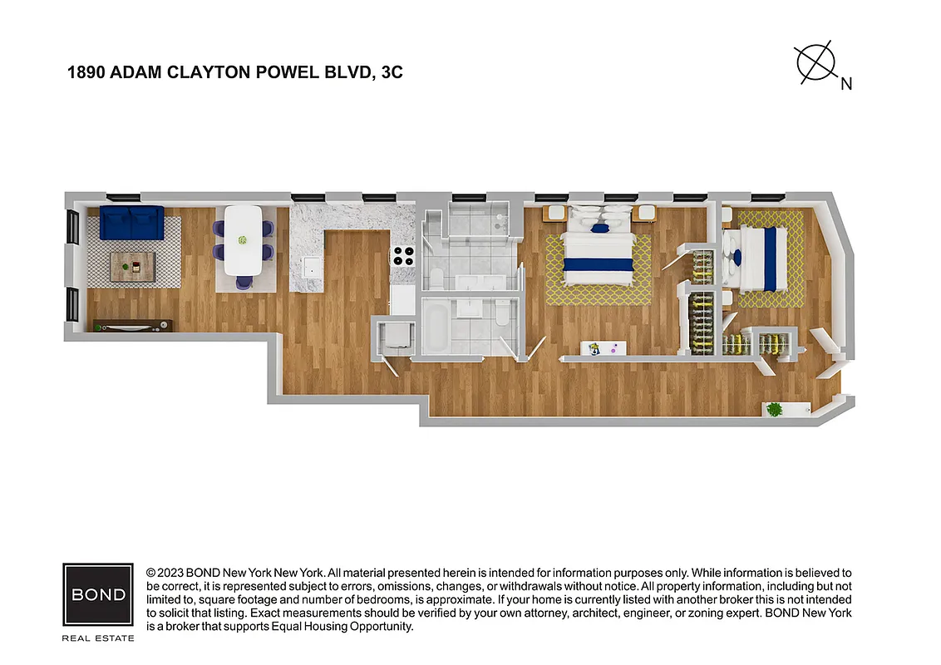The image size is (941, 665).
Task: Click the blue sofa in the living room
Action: pyautogui.click(x=131, y=222)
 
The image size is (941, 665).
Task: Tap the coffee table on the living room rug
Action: pyautogui.click(x=132, y=267)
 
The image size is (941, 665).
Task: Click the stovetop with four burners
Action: pyautogui.click(x=404, y=256)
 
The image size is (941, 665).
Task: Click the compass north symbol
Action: pyautogui.click(x=815, y=62)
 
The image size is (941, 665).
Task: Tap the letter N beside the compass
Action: pyautogui.click(x=846, y=83)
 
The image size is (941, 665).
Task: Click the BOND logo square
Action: pyautogui.click(x=98, y=595)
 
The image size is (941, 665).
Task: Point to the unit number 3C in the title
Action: pyautogui.click(x=392, y=72)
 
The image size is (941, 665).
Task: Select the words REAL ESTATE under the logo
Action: pyautogui.click(x=98, y=638)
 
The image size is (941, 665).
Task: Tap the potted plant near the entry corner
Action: pyautogui.click(x=775, y=409)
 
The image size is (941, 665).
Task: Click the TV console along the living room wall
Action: pyautogui.click(x=133, y=326)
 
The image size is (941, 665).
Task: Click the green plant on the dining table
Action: pyautogui.click(x=243, y=240)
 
